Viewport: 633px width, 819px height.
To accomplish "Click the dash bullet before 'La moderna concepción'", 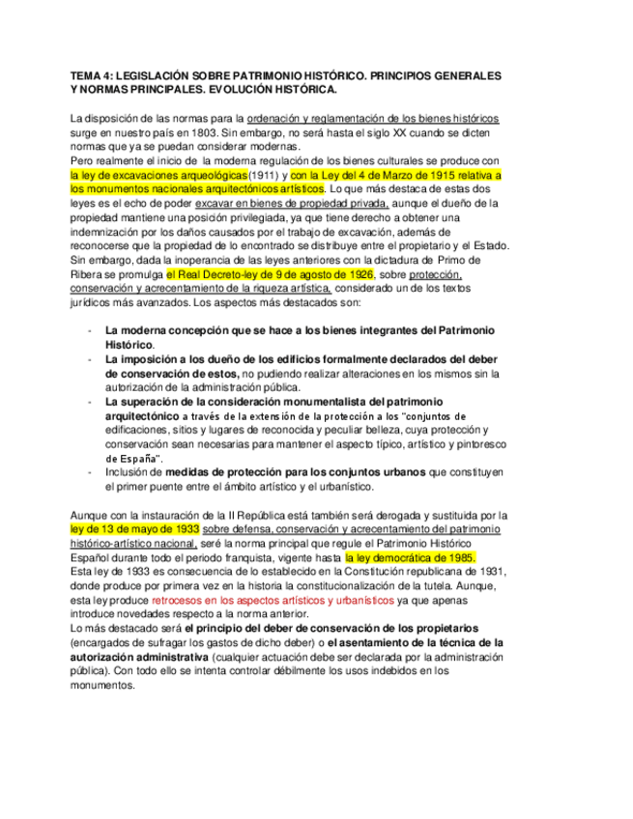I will pos(89,330).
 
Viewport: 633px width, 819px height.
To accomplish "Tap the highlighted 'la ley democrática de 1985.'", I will pos(411,558).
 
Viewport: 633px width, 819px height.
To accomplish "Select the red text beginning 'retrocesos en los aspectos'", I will pos(273,600).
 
